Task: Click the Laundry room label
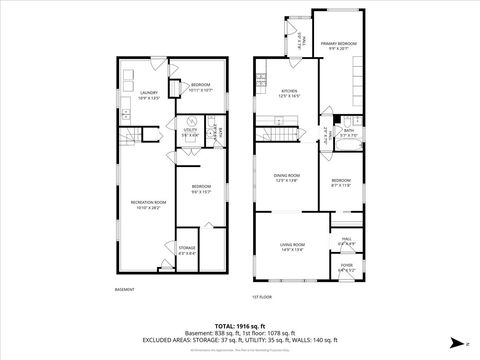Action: tap(149, 94)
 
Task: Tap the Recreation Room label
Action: tap(148, 204)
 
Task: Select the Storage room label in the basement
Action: tap(187, 249)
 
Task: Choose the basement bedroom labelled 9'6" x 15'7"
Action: tap(201, 189)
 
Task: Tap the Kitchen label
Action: tap(289, 94)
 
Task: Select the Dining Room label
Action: tap(287, 178)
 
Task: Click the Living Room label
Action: tap(292, 247)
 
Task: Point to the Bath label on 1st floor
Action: tap(349, 132)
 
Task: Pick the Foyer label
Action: tap(347, 268)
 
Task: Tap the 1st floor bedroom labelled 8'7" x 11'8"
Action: tap(340, 182)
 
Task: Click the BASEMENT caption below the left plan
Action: tap(124, 290)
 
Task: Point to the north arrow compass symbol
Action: tap(457, 343)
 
